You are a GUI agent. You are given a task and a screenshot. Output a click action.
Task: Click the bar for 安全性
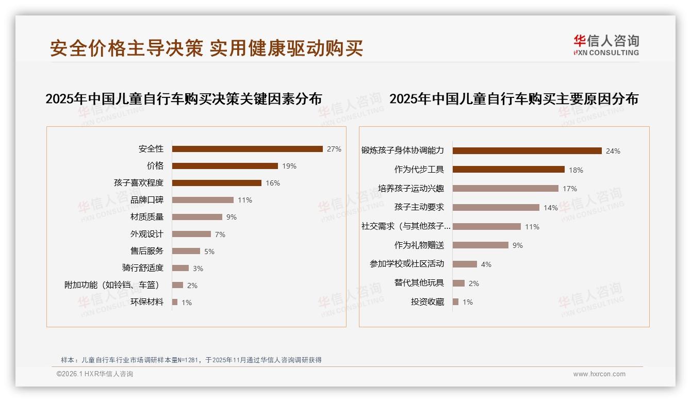[248, 149]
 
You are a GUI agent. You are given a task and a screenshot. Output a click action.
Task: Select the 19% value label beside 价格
[289, 166]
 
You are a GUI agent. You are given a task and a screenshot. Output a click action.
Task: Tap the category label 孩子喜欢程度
[139, 183]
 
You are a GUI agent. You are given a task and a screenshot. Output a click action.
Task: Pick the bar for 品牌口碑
[203, 200]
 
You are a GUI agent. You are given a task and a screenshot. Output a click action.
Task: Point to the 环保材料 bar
[175, 302]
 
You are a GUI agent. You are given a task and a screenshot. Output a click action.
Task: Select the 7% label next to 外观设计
[220, 234]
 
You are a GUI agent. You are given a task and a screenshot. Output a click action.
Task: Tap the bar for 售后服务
[186, 251]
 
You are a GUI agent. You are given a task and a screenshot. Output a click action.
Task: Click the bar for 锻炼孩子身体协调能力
[527, 151]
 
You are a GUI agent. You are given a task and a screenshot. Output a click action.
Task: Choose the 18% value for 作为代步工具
[576, 170]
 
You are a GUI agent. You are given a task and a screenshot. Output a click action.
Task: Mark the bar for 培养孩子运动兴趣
[505, 189]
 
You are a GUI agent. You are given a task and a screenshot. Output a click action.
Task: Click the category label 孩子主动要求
[419, 207]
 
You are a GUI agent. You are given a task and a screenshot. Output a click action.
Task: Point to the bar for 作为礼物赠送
[481, 245]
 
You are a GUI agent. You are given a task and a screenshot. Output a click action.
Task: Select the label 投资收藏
[427, 302]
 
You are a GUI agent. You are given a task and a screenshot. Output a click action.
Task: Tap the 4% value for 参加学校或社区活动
[486, 264]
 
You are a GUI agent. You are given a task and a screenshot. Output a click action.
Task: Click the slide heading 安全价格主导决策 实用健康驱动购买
[206, 48]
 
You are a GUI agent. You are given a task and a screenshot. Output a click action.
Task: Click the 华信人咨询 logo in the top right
[606, 45]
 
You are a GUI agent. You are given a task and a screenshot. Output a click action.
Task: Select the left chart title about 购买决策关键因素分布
[184, 99]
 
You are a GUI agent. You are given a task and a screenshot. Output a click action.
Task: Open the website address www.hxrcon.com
[599, 374]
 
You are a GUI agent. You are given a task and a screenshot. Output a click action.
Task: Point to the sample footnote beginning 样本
[191, 360]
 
